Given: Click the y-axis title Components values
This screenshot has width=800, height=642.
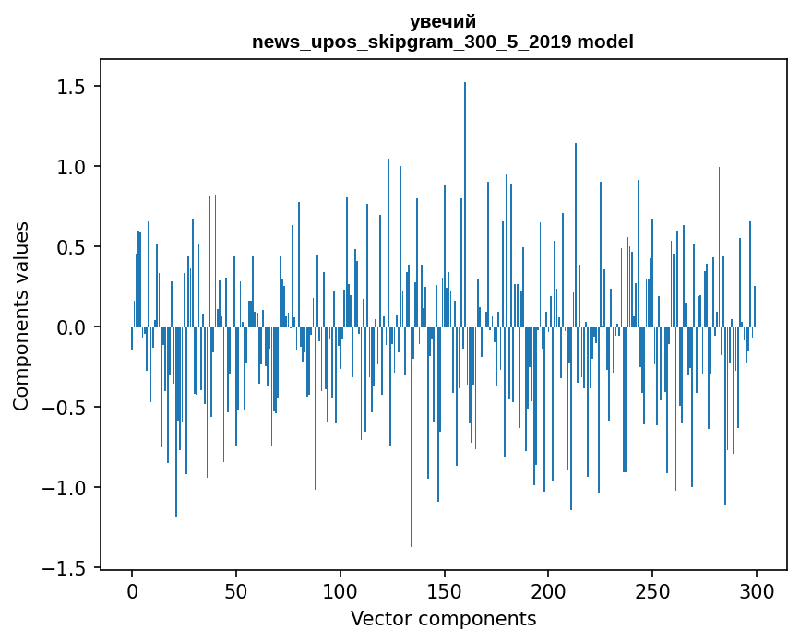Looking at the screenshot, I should (x=21, y=315).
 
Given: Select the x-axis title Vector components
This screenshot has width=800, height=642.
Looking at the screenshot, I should (x=443, y=618).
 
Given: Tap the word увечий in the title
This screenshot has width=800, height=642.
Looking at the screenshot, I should (x=443, y=22).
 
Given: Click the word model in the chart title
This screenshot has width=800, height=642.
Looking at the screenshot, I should (x=605, y=42).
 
